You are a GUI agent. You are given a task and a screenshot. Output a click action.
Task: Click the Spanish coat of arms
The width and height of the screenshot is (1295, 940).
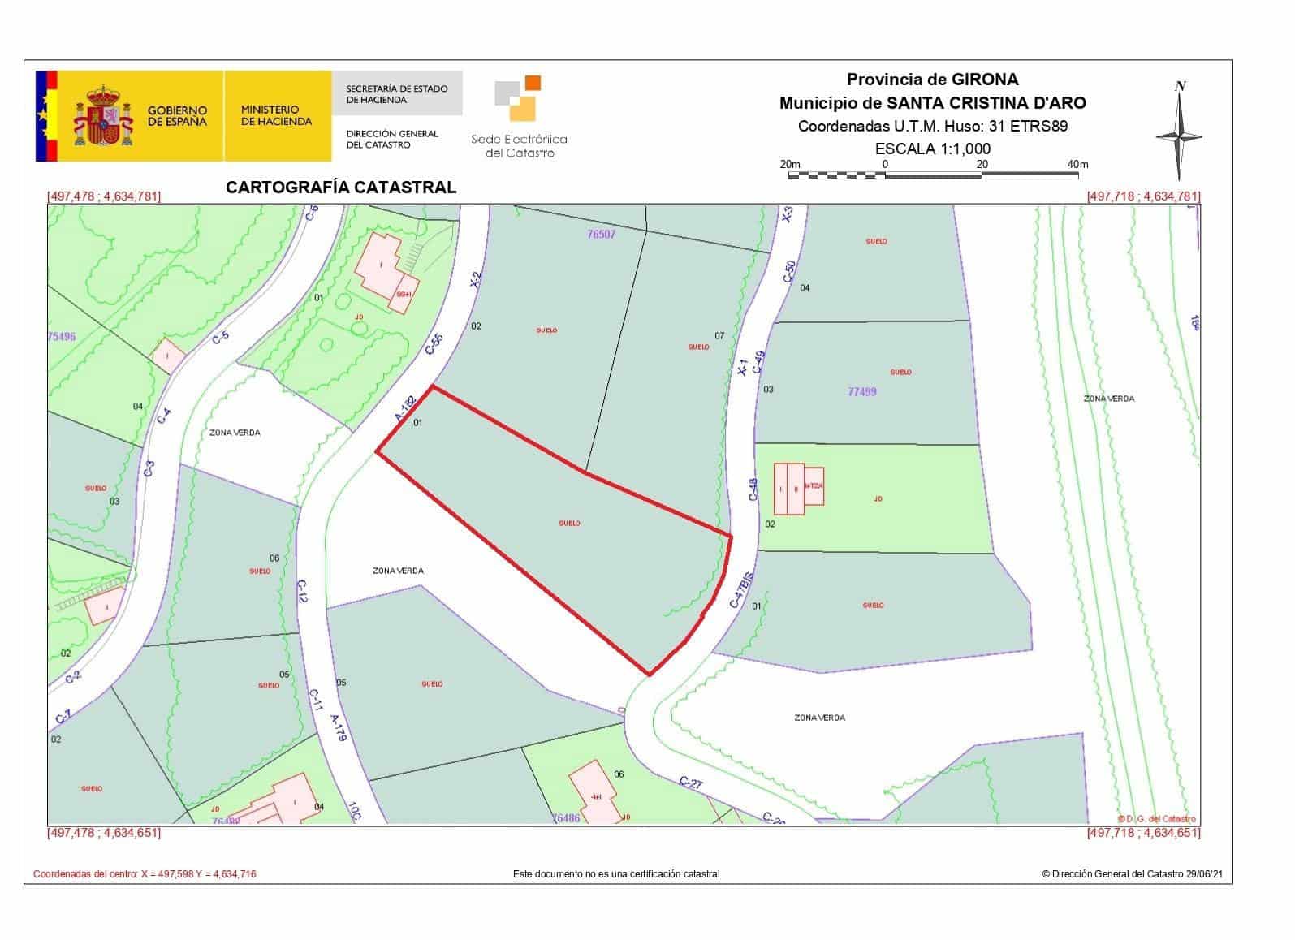[x=103, y=116]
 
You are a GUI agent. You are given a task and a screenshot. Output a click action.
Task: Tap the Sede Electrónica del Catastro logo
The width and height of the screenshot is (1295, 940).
[x=519, y=118]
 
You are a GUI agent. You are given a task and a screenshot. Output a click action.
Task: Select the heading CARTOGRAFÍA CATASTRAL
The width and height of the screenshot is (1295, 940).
[x=341, y=188]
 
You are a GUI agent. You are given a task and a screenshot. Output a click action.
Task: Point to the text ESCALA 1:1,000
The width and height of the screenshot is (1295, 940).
[x=932, y=149]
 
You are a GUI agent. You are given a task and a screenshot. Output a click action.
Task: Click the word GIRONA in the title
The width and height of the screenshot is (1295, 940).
[x=985, y=80]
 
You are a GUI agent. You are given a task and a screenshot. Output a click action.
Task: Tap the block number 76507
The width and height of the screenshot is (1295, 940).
[x=601, y=234]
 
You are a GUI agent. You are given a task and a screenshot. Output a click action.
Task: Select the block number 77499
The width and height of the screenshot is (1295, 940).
[x=861, y=391]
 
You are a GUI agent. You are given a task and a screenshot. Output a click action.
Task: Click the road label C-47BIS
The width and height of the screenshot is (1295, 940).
[x=742, y=590]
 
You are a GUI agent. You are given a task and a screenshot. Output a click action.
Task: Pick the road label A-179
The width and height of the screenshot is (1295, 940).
[x=339, y=727]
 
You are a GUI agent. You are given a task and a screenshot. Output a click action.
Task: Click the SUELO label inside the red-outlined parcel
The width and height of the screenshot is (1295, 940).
[x=569, y=524]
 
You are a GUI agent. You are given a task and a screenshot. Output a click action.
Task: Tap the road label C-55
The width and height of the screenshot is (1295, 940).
[x=434, y=345]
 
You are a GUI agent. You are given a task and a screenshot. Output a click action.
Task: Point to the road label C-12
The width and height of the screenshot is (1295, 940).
[x=302, y=591]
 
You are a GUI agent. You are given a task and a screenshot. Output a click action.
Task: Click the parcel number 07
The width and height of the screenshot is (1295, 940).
[x=719, y=335]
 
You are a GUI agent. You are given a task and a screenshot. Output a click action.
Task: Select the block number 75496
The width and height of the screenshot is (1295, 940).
[x=62, y=337]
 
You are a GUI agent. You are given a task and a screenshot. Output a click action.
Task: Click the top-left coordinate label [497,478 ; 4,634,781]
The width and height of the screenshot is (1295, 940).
[x=104, y=196]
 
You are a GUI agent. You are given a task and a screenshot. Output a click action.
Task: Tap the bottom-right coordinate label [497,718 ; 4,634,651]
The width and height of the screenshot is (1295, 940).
[x=1143, y=833]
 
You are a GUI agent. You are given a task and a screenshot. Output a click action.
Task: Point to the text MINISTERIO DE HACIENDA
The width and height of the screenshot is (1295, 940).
[x=276, y=115]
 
